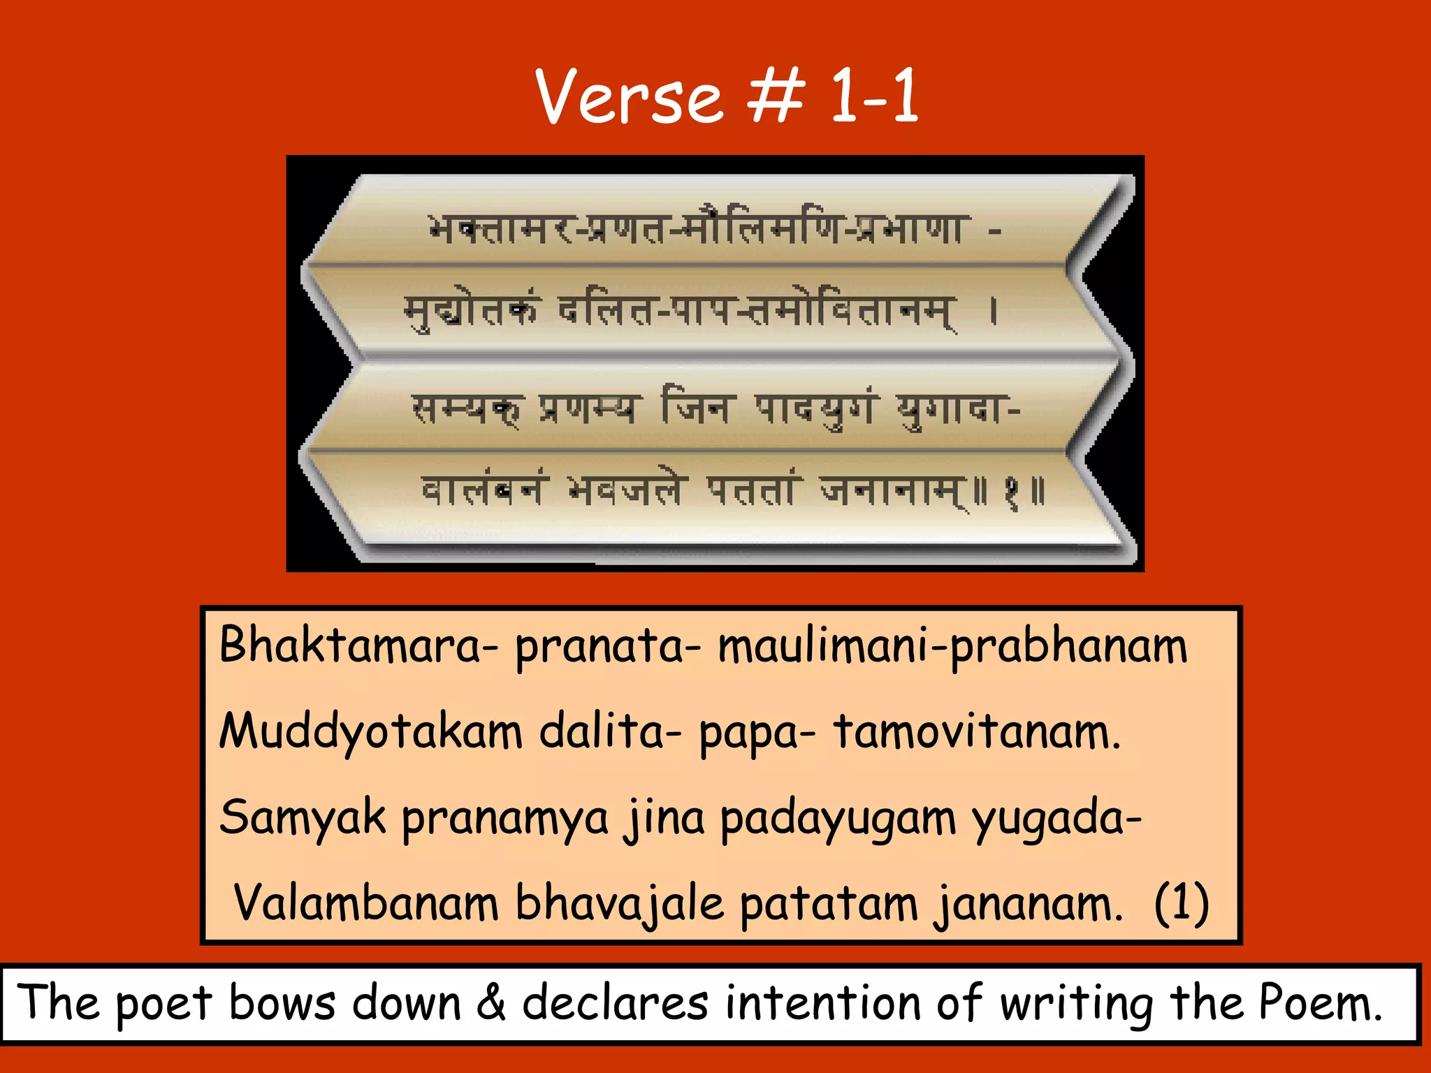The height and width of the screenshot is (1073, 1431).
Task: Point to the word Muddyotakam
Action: (371, 731)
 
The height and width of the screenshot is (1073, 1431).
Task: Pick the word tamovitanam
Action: (977, 731)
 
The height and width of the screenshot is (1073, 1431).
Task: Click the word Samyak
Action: (303, 817)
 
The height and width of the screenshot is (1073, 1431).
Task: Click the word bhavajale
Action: (619, 904)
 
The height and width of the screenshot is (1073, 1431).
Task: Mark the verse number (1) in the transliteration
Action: (1181, 903)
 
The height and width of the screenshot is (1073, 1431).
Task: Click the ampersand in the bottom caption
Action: (491, 1002)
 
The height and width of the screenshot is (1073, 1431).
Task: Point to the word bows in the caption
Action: (282, 1002)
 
